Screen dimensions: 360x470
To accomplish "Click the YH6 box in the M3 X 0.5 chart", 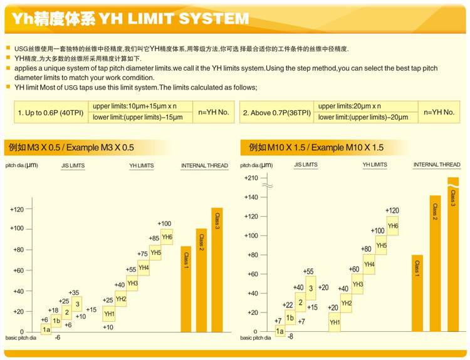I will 167,237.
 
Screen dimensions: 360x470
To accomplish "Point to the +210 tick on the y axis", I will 251,178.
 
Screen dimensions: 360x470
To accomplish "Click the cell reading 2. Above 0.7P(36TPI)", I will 276,113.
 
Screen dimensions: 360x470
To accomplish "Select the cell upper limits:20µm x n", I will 350,106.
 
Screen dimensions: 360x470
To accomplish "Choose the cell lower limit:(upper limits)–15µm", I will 138,117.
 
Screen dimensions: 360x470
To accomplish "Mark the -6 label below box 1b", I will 57,337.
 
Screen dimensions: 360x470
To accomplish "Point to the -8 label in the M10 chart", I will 290,336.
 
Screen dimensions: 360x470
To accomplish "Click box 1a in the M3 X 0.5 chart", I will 46,329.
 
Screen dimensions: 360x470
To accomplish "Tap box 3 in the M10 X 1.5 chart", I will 310,288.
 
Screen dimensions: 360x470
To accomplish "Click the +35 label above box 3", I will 74,292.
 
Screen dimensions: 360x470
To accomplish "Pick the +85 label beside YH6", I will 154,238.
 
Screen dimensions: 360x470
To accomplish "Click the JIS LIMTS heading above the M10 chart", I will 306,165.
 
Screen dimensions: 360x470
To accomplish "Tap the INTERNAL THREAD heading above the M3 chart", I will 204,165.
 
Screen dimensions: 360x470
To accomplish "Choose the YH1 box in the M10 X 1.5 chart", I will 335,322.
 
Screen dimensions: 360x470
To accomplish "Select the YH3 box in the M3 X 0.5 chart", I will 132,283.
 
